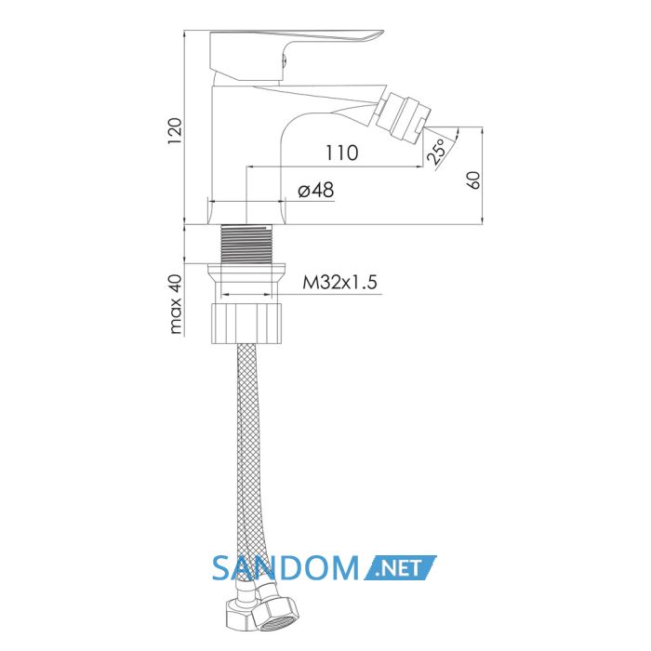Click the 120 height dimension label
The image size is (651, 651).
pyautogui.click(x=175, y=131)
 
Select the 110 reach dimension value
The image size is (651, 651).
pyautogui.click(x=341, y=153)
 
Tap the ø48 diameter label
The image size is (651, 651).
pyautogui.click(x=316, y=191)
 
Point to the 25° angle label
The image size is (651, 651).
pyautogui.click(x=436, y=152)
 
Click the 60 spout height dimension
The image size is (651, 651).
pyautogui.click(x=474, y=180)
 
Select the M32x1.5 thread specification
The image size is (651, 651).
pyautogui.click(x=339, y=283)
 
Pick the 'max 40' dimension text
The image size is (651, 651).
pyautogui.click(x=176, y=304)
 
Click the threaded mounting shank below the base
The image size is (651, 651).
pyautogui.click(x=247, y=244)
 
